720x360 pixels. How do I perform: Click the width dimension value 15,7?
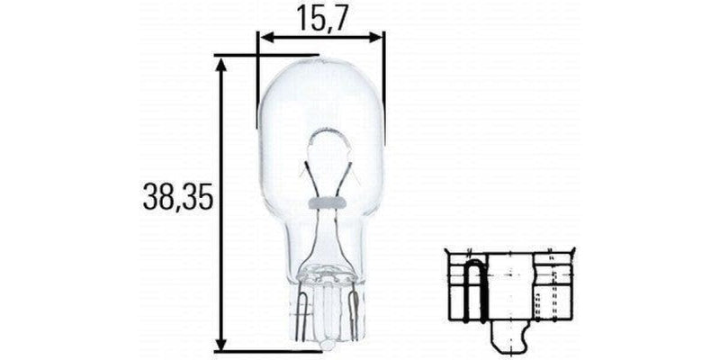coord(320,17)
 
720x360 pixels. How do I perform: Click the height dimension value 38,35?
coord(177,197)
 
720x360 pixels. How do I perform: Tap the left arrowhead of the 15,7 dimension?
coord(265,39)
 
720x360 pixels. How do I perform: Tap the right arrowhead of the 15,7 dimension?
coord(378,39)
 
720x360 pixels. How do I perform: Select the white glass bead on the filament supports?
coord(323,202)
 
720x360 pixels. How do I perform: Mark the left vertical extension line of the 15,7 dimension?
coord(257,81)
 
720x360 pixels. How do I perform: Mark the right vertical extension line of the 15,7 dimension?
coord(384,90)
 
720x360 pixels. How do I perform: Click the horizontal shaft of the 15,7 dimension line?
coord(321,39)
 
